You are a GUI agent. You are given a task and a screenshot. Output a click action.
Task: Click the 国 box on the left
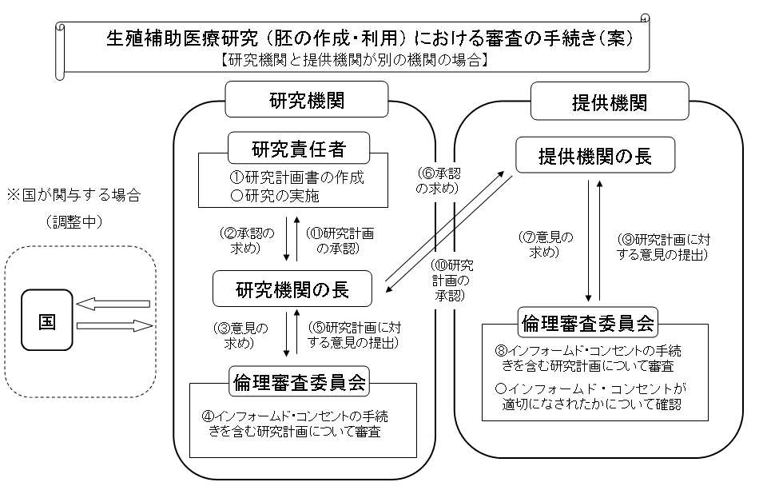click(x=48, y=320)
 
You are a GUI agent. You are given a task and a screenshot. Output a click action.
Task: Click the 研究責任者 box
click(x=299, y=149)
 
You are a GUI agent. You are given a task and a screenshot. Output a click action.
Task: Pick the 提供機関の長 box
click(x=595, y=155)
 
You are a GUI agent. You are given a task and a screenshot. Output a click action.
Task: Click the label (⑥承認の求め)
click(x=439, y=181)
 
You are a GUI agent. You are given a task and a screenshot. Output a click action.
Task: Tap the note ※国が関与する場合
click(x=73, y=194)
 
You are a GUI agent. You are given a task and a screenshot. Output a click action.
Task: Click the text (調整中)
click(x=74, y=221)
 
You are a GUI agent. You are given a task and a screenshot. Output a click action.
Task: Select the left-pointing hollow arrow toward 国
click(x=114, y=305)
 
